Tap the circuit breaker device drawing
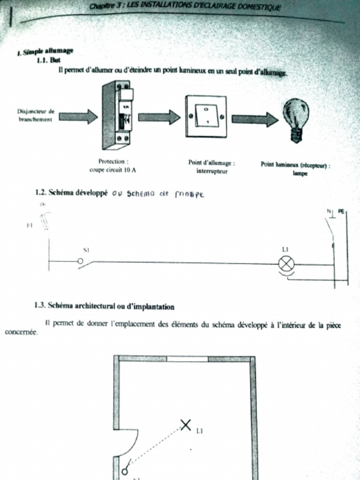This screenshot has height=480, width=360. click(x=117, y=114)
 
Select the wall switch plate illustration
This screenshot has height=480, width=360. click(x=206, y=116)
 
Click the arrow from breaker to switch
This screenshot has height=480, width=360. click(x=159, y=117)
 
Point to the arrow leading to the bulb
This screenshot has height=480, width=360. click(x=255, y=119)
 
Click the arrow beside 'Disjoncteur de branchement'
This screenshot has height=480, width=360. click(x=78, y=116)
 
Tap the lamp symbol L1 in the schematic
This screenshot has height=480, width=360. click(x=286, y=264)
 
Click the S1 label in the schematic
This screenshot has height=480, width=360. click(x=86, y=250)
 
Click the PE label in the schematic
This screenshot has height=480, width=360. click(x=341, y=211)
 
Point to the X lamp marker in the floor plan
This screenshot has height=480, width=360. click(x=186, y=425)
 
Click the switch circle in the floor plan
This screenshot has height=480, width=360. click(x=124, y=472)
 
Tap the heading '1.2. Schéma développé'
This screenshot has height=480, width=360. click(x=71, y=192)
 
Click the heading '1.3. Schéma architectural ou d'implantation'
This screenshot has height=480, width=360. click(x=105, y=306)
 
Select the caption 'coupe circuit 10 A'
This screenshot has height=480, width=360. click(x=112, y=170)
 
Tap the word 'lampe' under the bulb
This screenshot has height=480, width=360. click(x=295, y=173)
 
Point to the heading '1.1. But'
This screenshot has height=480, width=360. click(x=48, y=60)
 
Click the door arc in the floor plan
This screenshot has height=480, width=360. click(x=131, y=443)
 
